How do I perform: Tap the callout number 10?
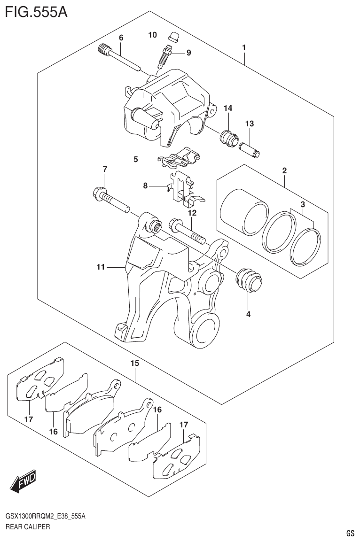tap(152, 34)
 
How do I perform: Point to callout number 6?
tap(121, 38)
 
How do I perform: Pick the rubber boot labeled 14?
tap(229, 137)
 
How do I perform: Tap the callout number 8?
tap(145, 186)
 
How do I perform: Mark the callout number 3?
tap(303, 204)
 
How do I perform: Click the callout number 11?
tap(100, 267)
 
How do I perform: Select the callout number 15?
tap(135, 363)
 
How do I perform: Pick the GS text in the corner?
tap(350, 533)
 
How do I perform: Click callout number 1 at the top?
tap(244, 47)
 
